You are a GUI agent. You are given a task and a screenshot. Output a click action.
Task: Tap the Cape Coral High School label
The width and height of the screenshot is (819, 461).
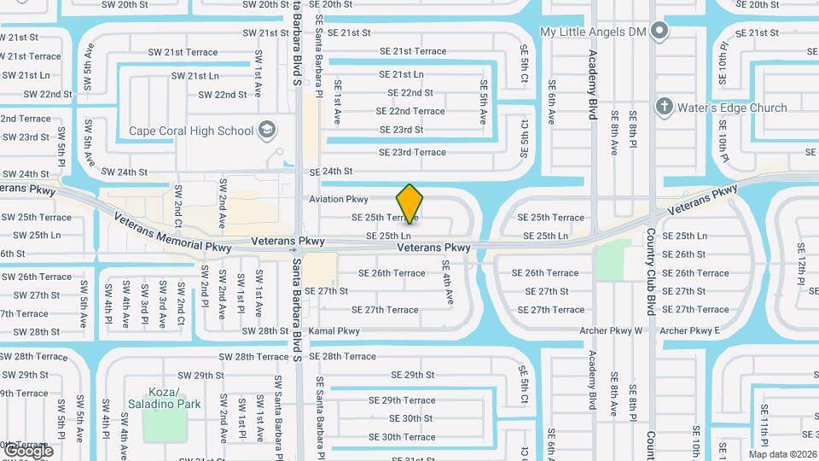pyautogui.click(x=191, y=131)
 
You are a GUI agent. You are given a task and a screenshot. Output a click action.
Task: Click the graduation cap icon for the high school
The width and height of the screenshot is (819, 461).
pyautogui.click(x=267, y=131)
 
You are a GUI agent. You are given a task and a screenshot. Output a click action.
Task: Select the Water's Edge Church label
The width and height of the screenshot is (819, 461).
pyautogui.click(x=732, y=108)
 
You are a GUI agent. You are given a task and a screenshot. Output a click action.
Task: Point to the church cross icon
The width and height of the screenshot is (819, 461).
pyautogui.click(x=664, y=108)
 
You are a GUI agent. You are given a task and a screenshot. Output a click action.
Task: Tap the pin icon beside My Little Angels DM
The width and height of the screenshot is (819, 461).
pyautogui.click(x=659, y=32)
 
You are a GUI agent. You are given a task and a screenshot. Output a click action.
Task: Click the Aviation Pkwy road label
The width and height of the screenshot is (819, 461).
pyautogui.click(x=339, y=199)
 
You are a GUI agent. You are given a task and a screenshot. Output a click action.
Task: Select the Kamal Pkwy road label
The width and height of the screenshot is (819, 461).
pyautogui.click(x=334, y=330)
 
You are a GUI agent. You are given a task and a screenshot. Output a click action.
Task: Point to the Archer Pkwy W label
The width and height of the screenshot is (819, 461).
pyautogui.click(x=610, y=330)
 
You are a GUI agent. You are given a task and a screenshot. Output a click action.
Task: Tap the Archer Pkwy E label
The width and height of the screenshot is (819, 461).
pyautogui.click(x=690, y=330)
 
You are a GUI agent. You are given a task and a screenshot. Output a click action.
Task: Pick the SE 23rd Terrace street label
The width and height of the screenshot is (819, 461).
pyautogui.click(x=412, y=152)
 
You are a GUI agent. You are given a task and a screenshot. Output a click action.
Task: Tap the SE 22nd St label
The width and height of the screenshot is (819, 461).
pyautogui.click(x=410, y=92)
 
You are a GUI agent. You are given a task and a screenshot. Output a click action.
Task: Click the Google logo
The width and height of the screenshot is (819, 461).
pyautogui.click(x=27, y=451)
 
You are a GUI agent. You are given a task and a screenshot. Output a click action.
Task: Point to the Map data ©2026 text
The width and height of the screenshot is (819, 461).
pyautogui.click(x=782, y=454)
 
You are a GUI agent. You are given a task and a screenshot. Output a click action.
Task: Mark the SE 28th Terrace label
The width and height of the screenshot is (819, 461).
pyautogui.click(x=342, y=356)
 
